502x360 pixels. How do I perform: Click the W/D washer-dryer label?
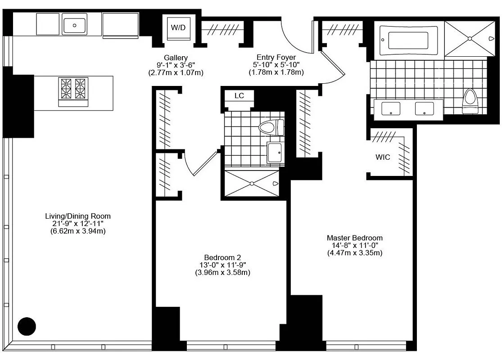tap(178, 27)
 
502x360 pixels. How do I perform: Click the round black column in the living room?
tap(27, 326)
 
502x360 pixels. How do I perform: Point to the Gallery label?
tap(176, 58)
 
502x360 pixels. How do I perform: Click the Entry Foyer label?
tap(276, 57)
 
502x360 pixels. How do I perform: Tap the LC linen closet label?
tap(239, 96)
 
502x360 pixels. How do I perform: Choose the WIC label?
tap(383, 157)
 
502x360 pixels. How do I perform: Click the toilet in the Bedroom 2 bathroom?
tap(271, 128)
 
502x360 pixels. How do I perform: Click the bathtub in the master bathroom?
tap(408, 40)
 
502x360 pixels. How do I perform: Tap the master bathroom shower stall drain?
tap(470, 39)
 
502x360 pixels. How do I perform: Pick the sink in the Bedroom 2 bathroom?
tap(274, 153)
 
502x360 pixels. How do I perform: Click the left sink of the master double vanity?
tap(391, 108)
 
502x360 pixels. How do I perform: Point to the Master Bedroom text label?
tap(355, 238)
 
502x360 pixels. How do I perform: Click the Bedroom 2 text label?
tap(222, 257)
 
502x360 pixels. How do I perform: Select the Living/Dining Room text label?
tap(78, 216)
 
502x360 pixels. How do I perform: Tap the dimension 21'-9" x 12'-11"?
tap(78, 224)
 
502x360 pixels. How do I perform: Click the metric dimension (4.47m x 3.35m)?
tap(355, 253)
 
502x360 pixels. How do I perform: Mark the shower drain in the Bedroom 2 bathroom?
tap(252, 184)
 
